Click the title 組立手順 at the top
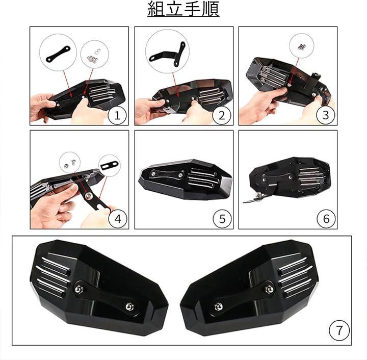coord(183,9)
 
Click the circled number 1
coord(117,115)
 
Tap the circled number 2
coord(222,115)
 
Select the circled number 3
coord(326,115)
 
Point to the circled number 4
coord(118,219)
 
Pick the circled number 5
coord(222,219)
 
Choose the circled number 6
coord(326,219)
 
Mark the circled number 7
coord(339,330)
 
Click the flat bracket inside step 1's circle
coord(58,54)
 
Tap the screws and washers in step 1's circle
coord(93,56)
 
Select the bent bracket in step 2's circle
coord(167,54)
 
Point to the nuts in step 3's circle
coord(301,47)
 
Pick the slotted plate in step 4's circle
coord(110,165)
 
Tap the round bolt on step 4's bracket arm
coord(89,196)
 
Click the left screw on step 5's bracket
coord(153,174)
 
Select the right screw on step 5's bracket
coord(180,175)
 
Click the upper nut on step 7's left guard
coord(78,289)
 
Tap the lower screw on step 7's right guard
coord(218,306)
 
